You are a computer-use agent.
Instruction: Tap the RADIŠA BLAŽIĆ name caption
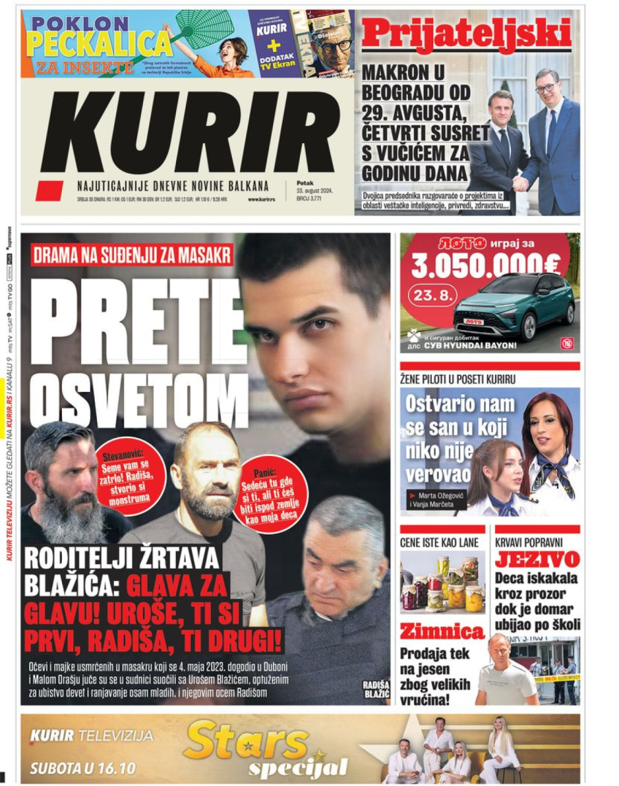tap(376, 688)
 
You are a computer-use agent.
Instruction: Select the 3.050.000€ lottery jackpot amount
tap(486, 265)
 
